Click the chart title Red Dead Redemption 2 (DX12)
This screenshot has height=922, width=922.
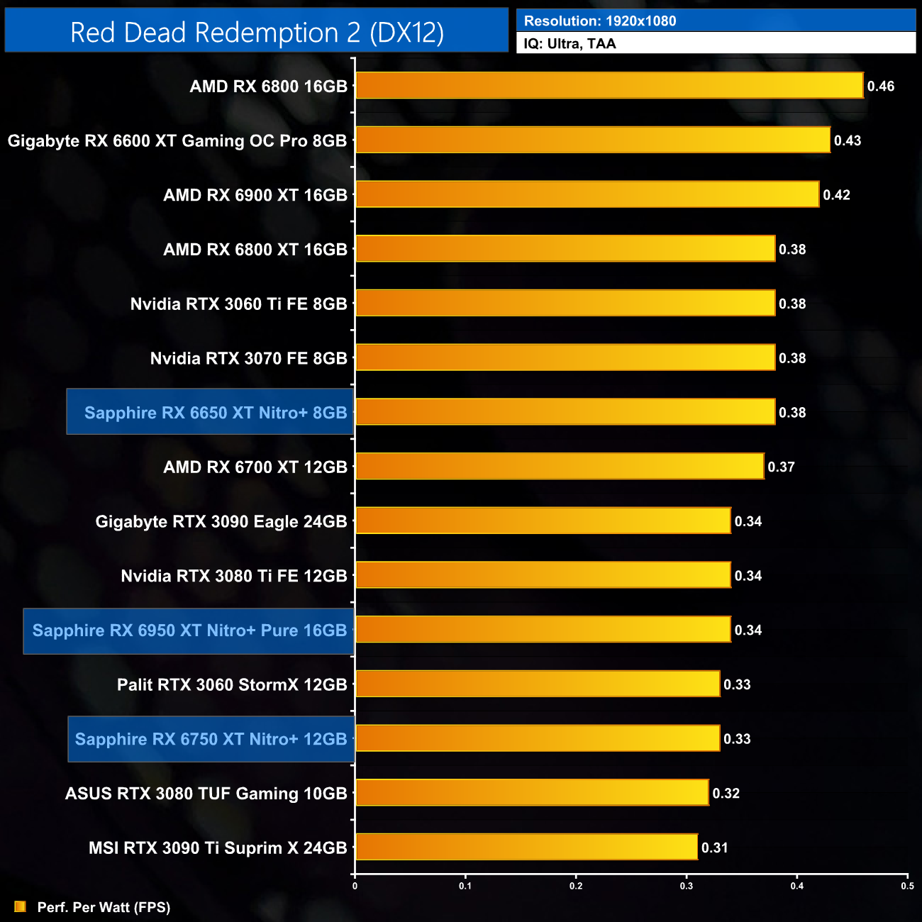[x=257, y=33]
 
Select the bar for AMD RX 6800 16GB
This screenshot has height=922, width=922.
[x=609, y=86]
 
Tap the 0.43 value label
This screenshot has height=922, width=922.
[x=848, y=140]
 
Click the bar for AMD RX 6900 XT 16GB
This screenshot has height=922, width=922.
[x=587, y=194]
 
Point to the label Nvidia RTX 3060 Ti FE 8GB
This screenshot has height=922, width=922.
[x=239, y=304]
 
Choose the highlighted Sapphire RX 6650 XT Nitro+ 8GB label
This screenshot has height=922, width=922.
[x=216, y=413]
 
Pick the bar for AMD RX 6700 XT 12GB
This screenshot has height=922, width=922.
[x=560, y=467]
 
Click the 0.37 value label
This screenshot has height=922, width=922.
[x=781, y=467]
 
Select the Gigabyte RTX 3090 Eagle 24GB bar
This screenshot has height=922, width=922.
[x=543, y=521]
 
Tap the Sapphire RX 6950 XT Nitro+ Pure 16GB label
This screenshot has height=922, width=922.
[x=189, y=631]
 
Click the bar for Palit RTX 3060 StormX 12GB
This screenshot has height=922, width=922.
[x=538, y=684]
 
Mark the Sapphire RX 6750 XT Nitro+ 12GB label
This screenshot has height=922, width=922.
[x=211, y=739]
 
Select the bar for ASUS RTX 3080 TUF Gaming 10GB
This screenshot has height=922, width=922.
[x=532, y=793]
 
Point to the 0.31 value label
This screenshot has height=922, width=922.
[x=714, y=848]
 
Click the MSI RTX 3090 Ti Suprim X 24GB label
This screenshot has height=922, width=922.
[x=218, y=848]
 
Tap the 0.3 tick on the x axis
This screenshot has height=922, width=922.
[x=687, y=886]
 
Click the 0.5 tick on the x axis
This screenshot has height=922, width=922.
[x=907, y=886]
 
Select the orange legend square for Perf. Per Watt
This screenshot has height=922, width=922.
[x=20, y=907]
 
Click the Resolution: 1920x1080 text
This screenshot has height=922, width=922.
[x=600, y=21]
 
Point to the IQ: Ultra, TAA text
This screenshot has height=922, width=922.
[x=570, y=44]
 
